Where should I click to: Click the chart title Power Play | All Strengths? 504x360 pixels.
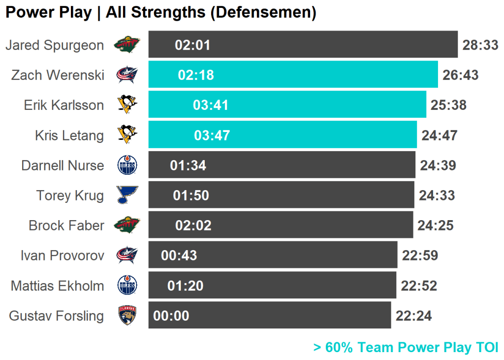pyautogui.click(x=160, y=13)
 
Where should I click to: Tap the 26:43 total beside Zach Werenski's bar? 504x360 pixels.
pyautogui.click(x=460, y=75)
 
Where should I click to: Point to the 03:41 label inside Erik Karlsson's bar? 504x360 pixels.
pyautogui.click(x=211, y=105)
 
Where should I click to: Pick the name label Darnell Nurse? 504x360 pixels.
pyautogui.click(x=63, y=165)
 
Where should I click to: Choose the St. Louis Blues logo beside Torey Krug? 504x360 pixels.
pyautogui.click(x=127, y=195)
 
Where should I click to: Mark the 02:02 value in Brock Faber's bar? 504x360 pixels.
pyautogui.click(x=193, y=226)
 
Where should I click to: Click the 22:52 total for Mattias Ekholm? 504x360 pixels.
pyautogui.click(x=419, y=286)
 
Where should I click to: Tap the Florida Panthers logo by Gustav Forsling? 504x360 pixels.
pyautogui.click(x=127, y=316)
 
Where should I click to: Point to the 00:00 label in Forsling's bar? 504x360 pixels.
pyautogui.click(x=171, y=316)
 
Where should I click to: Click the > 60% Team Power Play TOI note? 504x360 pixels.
pyautogui.click(x=406, y=347)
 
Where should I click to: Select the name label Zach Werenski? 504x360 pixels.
pyautogui.click(x=58, y=75)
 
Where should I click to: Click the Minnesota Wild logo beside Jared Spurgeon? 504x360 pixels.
pyautogui.click(x=127, y=45)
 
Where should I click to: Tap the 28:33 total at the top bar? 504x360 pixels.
pyautogui.click(x=480, y=45)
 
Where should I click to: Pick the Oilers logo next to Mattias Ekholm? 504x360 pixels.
pyautogui.click(x=127, y=286)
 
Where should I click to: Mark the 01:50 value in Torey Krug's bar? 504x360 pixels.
pyautogui.click(x=191, y=196)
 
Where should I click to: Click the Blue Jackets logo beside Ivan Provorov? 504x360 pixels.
pyautogui.click(x=127, y=255)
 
